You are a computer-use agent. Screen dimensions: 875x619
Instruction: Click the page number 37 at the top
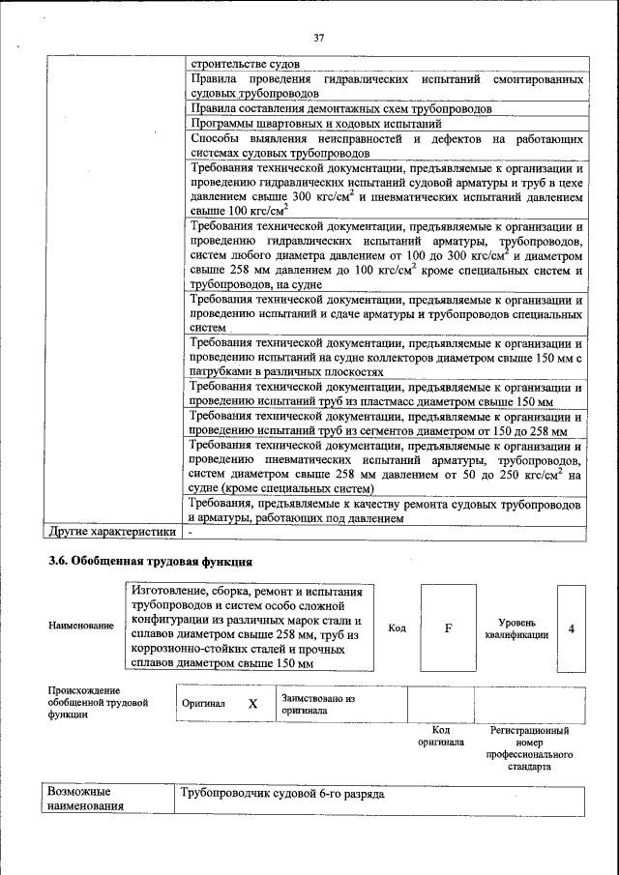click(x=318, y=38)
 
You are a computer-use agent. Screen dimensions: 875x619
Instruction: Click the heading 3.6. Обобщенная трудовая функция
click(x=150, y=561)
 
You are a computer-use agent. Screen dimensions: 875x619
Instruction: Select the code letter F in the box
click(x=448, y=628)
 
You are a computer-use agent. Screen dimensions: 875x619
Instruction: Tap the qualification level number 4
click(x=572, y=628)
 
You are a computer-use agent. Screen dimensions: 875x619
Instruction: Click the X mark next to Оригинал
click(x=252, y=704)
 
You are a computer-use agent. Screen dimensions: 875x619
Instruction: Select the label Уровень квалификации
click(x=517, y=628)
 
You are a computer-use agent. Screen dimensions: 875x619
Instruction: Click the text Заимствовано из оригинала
click(x=318, y=703)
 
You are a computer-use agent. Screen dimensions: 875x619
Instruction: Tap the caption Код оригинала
click(x=440, y=736)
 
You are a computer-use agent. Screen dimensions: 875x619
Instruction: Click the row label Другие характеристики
click(x=112, y=531)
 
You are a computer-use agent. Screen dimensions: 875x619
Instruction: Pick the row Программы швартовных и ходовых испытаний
click(x=316, y=124)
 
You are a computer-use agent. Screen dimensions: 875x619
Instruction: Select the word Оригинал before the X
click(x=203, y=704)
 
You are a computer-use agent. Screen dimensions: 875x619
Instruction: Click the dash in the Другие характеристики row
click(x=192, y=531)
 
